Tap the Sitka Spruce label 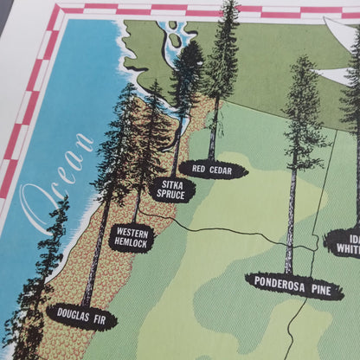172,190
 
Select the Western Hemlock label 132,237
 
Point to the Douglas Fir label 81,314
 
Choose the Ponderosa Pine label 294,284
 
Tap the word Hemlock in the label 132,244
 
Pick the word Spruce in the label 172,196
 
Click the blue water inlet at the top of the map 177,39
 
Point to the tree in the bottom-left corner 30,303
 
